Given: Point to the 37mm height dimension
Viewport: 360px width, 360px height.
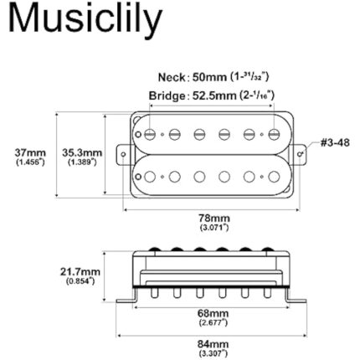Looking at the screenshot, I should point(31,153).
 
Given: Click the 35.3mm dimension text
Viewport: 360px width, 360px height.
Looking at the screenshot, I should point(81,153).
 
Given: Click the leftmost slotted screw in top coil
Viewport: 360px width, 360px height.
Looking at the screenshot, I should point(149,133).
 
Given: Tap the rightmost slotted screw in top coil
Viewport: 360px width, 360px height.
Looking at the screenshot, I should point(274,133).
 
